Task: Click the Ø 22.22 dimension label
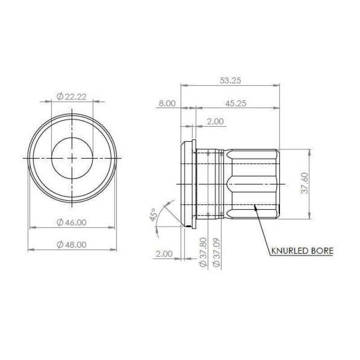point(72,97)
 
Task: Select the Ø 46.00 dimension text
point(72,222)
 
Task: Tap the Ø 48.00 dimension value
point(72,244)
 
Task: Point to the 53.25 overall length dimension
point(230,81)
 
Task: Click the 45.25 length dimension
point(235,103)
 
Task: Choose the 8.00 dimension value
point(167,103)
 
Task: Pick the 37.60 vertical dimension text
point(305,183)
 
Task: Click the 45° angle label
point(153,215)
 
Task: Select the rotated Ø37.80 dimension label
point(203,252)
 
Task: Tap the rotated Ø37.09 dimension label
point(216,252)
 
